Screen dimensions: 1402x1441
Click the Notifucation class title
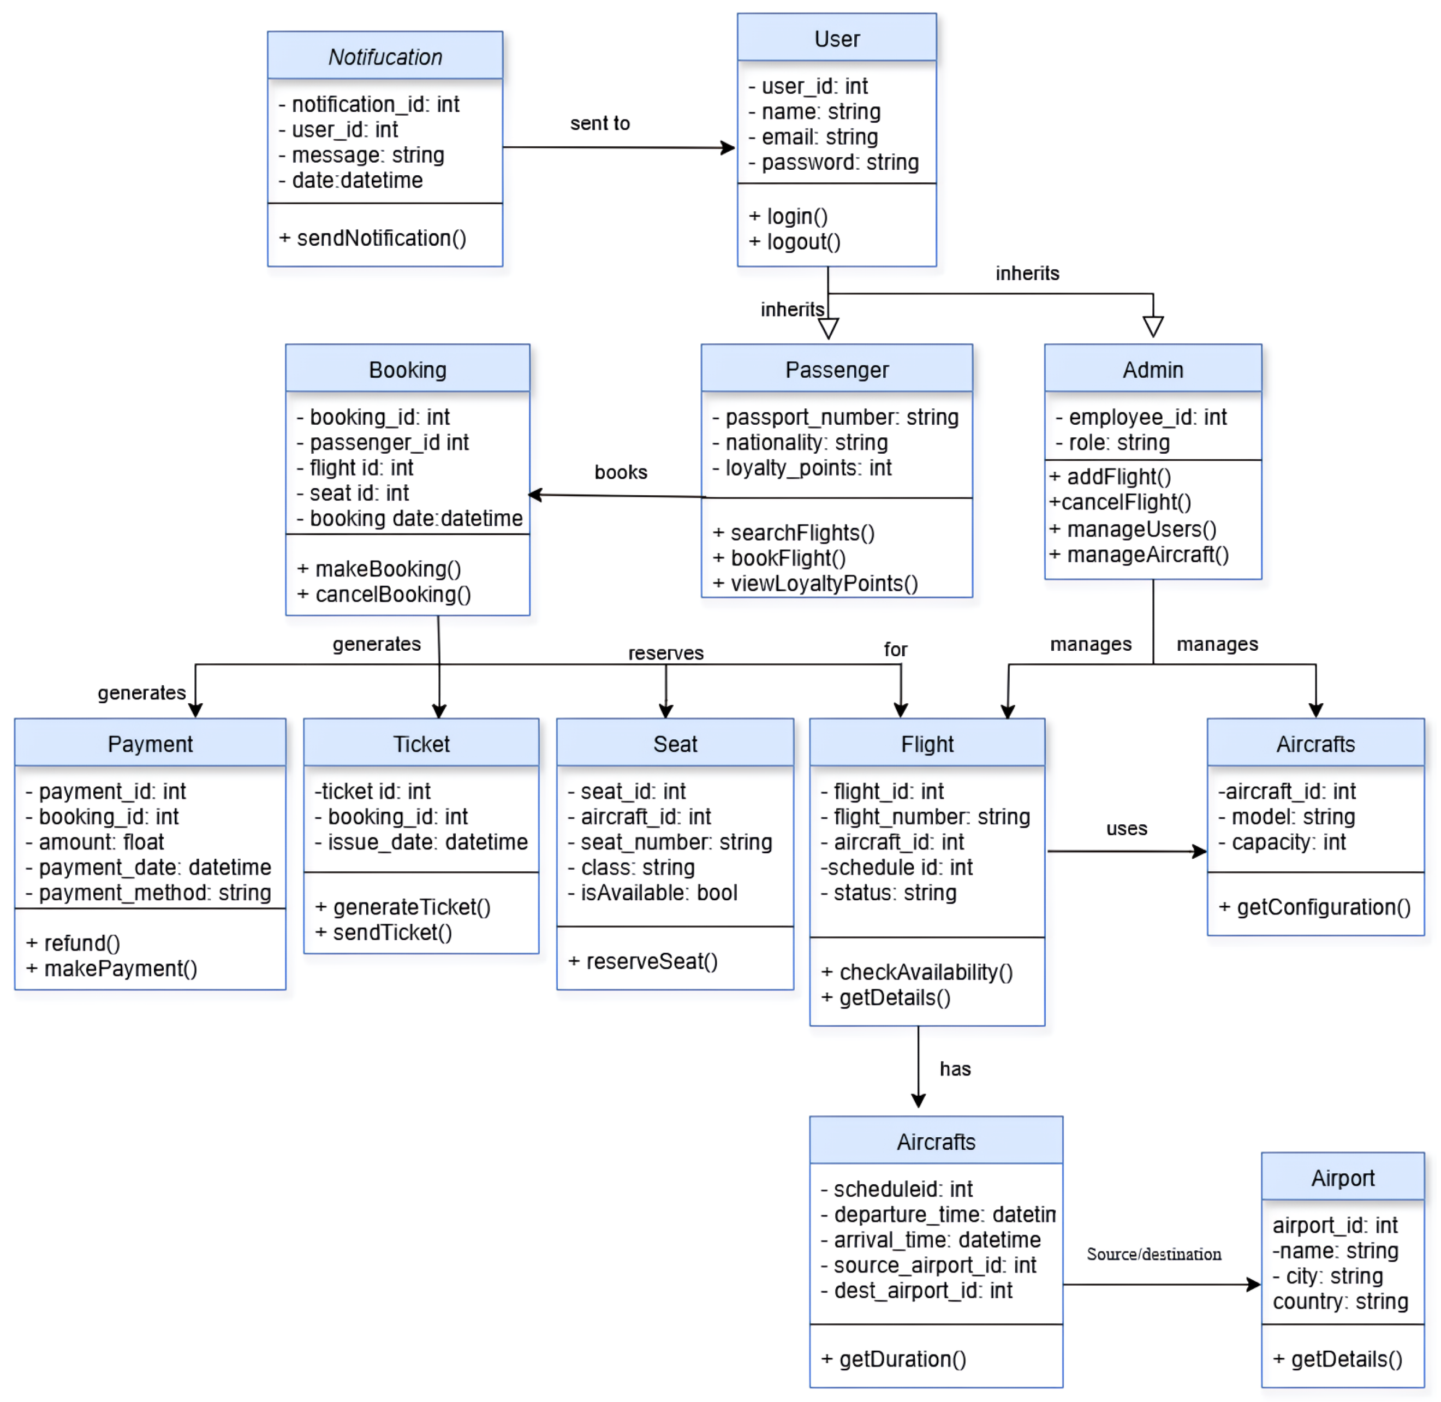(385, 57)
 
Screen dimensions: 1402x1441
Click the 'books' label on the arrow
(620, 472)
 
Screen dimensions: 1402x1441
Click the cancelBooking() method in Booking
(384, 594)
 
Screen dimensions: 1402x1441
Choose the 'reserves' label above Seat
(665, 652)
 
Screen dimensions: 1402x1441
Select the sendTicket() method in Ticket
(384, 932)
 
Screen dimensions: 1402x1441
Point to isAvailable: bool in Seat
(652, 893)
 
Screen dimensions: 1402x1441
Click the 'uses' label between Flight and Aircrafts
(1126, 828)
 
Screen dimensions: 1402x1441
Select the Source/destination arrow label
(1153, 1254)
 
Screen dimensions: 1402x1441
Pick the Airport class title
(1342, 1178)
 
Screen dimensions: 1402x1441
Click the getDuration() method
(893, 1358)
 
